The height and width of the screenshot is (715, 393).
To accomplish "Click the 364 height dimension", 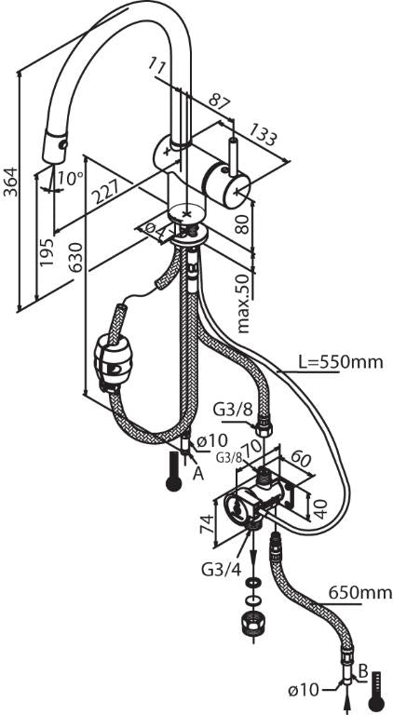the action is (x=10, y=182).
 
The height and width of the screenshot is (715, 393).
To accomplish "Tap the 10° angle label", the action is (x=70, y=179).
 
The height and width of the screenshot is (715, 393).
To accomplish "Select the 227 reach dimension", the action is (x=105, y=191).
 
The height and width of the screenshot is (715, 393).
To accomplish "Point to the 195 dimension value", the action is (x=46, y=252).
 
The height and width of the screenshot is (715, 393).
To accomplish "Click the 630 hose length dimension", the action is (x=75, y=258).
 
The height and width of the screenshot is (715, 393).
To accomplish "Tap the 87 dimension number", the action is (x=220, y=101).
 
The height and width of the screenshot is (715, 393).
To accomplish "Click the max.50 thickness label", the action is (x=244, y=303).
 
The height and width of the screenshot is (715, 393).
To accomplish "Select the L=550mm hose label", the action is (x=340, y=362).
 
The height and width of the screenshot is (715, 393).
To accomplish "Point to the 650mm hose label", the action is (x=360, y=593).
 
